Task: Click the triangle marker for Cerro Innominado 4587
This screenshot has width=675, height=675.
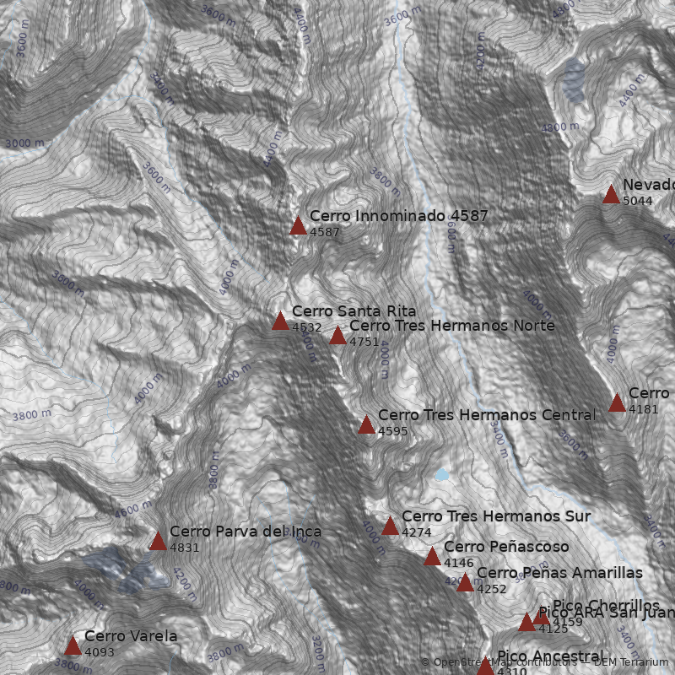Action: pyautogui.click(x=298, y=225)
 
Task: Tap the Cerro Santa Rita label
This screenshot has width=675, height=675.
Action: pyautogui.click(x=354, y=311)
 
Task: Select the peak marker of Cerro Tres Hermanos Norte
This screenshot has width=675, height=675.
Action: pyautogui.click(x=337, y=336)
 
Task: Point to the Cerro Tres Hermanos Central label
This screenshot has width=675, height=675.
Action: pyautogui.click(x=486, y=415)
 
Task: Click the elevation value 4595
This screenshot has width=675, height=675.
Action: pyautogui.click(x=392, y=431)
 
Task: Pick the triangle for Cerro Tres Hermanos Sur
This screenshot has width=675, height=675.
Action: pyautogui.click(x=390, y=526)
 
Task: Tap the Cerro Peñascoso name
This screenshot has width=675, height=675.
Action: pyautogui.click(x=505, y=547)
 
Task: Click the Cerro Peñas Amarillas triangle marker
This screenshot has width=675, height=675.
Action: pyautogui.click(x=465, y=582)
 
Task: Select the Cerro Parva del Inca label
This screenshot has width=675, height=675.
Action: pyautogui.click(x=245, y=532)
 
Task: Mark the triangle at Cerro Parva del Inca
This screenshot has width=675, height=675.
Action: pyautogui.click(x=158, y=541)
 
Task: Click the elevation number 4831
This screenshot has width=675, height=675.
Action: pyautogui.click(x=184, y=548)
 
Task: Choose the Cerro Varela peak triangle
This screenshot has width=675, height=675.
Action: pyautogui.click(x=73, y=646)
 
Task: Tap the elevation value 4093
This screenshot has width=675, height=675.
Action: pyautogui.click(x=99, y=652)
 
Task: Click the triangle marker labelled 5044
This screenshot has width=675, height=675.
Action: pyautogui.click(x=611, y=195)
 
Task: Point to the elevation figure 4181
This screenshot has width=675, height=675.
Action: pyautogui.click(x=643, y=409)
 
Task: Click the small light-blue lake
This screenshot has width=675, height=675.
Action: pyautogui.click(x=441, y=475)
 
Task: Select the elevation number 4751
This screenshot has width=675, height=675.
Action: pyautogui.click(x=364, y=342)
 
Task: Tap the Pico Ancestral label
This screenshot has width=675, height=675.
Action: pyautogui.click(x=550, y=656)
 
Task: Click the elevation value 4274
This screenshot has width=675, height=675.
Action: pyautogui.click(x=416, y=532)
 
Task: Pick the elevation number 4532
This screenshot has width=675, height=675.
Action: pyautogui.click(x=306, y=327)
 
